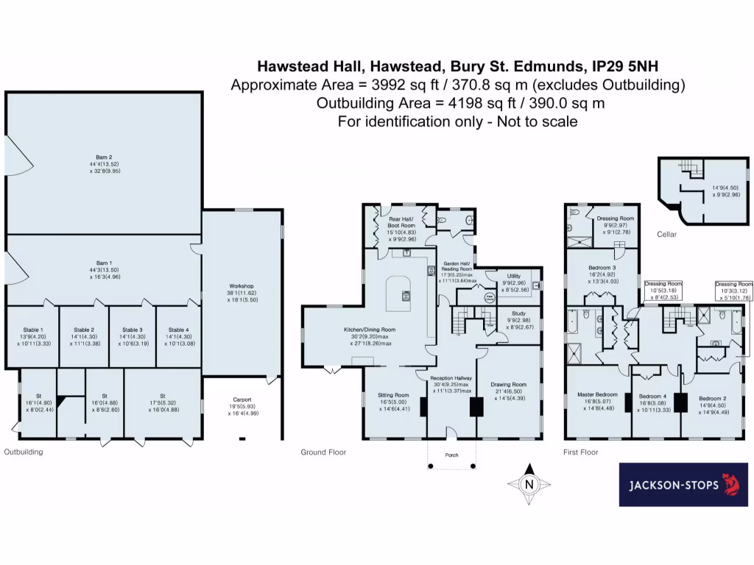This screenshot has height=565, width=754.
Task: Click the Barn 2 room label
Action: (104, 157)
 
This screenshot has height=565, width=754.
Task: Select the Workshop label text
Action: (242, 285)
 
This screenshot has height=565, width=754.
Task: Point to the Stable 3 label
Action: (133, 330)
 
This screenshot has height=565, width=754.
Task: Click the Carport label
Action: (242, 399)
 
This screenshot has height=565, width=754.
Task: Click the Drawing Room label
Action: (509, 384)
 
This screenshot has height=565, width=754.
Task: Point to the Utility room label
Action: (513, 276)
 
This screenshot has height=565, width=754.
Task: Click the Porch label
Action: (452, 455)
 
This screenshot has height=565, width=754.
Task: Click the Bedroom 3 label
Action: (602, 267)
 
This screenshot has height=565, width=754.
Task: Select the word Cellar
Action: (666, 235)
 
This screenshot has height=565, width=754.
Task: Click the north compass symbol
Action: (528, 484)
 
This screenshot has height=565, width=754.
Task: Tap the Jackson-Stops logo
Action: (683, 485)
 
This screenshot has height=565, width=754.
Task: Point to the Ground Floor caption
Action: (323, 452)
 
